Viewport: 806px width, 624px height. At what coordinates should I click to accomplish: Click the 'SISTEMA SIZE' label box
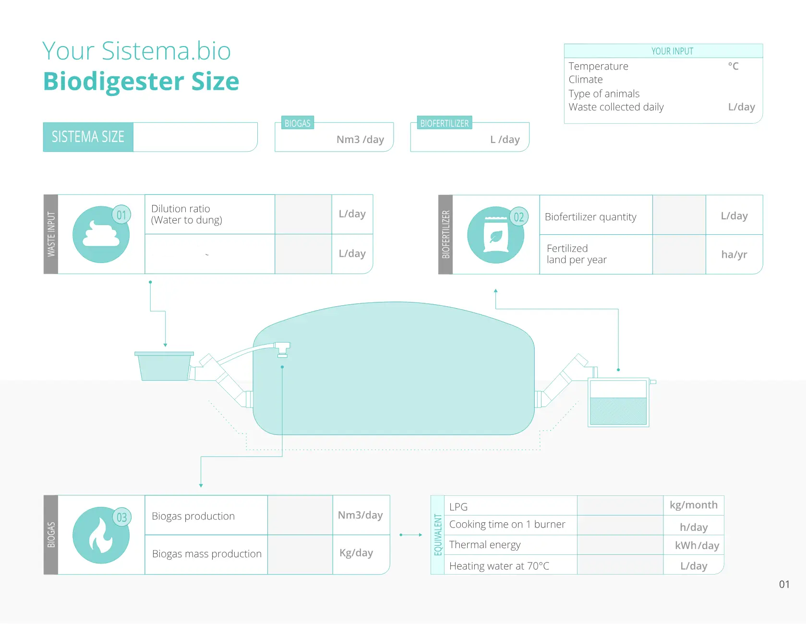click(88, 137)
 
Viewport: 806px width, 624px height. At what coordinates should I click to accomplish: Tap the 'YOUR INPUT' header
click(672, 51)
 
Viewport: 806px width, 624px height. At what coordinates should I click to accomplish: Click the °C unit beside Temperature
click(733, 66)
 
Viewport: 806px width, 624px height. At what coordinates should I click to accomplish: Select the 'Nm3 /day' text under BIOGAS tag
click(360, 140)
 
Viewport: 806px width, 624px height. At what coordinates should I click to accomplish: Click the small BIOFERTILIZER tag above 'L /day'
click(444, 123)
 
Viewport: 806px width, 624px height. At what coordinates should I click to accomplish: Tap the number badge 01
click(121, 215)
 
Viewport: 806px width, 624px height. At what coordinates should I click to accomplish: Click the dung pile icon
click(101, 234)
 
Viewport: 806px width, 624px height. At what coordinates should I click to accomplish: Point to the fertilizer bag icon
click(496, 235)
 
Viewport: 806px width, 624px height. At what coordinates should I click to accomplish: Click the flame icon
click(101, 535)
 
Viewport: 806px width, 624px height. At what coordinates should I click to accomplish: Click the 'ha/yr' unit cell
click(734, 254)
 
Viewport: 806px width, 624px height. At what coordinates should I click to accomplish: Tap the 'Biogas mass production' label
click(206, 554)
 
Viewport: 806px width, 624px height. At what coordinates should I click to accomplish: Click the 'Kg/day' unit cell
click(356, 553)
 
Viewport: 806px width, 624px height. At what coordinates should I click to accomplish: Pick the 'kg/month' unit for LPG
click(694, 505)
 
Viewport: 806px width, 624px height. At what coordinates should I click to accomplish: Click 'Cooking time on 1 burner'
click(507, 525)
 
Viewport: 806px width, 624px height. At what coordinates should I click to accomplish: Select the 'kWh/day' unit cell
click(697, 546)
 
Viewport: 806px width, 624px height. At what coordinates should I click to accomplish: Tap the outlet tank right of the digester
click(618, 402)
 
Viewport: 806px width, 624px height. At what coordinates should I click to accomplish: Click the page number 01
click(784, 584)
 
